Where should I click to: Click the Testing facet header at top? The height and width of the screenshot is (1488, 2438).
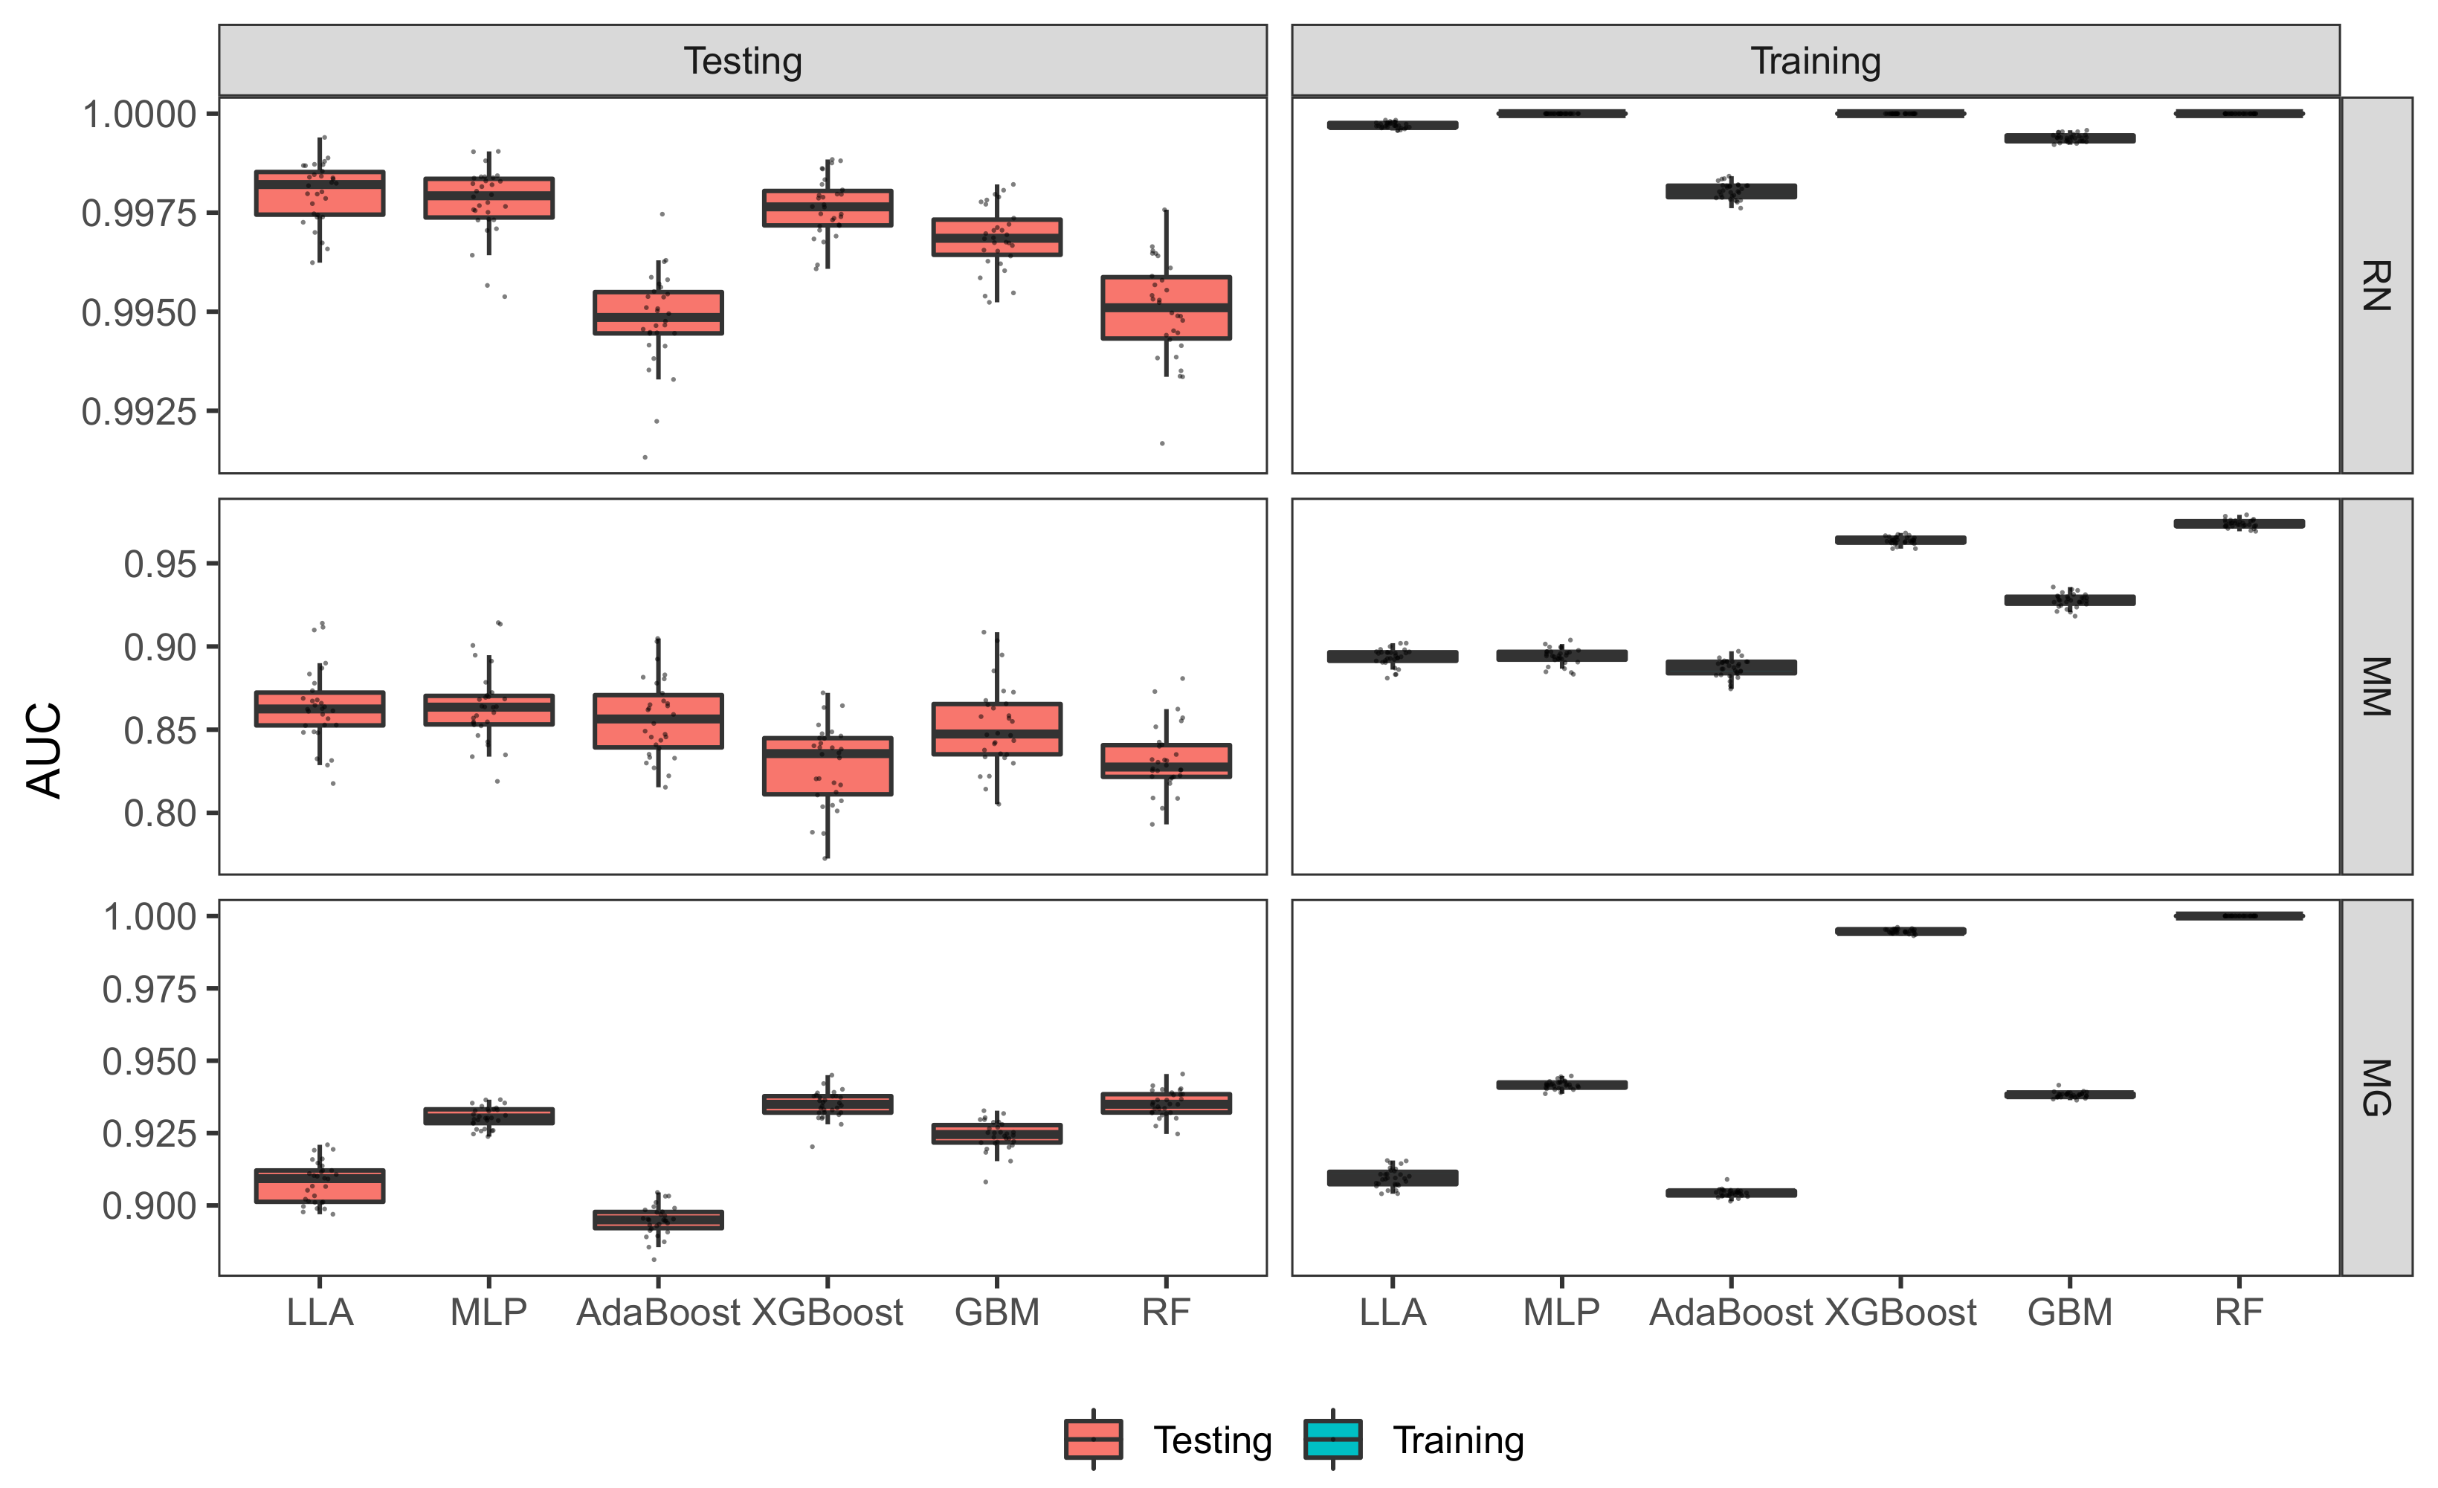[x=742, y=61]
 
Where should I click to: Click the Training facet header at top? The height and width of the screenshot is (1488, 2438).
[x=1815, y=61]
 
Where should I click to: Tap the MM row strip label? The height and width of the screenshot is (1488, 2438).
[x=2376, y=686]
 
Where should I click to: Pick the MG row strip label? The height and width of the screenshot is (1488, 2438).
[x=2376, y=1087]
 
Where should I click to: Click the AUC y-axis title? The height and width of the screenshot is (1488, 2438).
[x=45, y=750]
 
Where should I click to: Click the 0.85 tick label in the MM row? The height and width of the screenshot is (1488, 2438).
[x=161, y=731]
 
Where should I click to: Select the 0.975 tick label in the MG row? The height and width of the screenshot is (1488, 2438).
[x=149, y=988]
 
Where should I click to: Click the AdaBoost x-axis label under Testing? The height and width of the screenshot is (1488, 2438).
[x=658, y=1313]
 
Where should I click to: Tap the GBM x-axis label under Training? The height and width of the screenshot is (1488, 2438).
[x=2070, y=1313]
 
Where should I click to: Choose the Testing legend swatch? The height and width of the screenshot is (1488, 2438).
[x=1092, y=1440]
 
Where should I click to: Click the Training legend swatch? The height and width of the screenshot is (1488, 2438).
[x=1333, y=1440]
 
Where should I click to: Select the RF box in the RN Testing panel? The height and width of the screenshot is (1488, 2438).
[x=1166, y=308]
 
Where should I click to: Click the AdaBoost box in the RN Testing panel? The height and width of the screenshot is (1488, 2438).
[x=658, y=312]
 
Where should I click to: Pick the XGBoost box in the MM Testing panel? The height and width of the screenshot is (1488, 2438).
[x=828, y=766]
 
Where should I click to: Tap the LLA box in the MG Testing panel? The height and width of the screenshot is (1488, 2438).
[x=320, y=1185]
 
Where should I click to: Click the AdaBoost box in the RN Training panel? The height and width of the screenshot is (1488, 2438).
[x=1731, y=191]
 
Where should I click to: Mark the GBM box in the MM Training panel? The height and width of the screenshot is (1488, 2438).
[x=2070, y=599]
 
